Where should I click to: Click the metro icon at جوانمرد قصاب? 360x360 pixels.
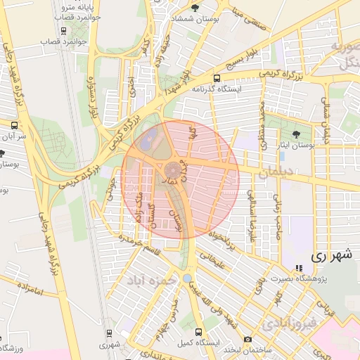(x=64, y=31)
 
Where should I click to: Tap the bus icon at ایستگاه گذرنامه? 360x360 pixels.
(x=217, y=78)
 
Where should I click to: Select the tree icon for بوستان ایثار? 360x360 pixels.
(x=295, y=133)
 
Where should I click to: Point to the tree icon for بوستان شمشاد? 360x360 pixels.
(x=195, y=8)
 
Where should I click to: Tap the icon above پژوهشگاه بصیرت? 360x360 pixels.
(x=299, y=268)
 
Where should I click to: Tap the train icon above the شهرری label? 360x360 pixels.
(x=108, y=333)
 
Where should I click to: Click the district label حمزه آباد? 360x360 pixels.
(x=150, y=280)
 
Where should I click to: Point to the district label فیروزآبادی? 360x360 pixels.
(x=288, y=324)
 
